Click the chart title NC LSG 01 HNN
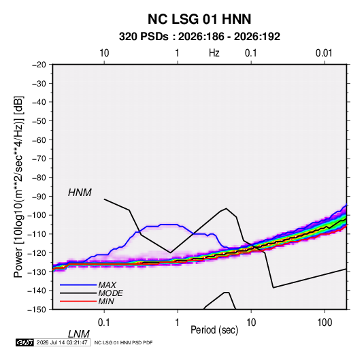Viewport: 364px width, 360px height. tap(199, 19)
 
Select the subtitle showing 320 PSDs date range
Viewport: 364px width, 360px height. tap(199, 37)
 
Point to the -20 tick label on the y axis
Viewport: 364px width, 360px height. tap(39, 65)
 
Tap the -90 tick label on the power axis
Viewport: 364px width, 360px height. tap(39, 197)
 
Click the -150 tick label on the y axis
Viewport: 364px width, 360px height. tap(37, 310)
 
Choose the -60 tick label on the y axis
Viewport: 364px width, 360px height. tap(39, 140)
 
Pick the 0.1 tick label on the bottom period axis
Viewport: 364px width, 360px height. tap(104, 323)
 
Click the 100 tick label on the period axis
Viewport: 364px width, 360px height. tap(325, 323)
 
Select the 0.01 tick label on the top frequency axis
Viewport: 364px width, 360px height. tap(324, 53)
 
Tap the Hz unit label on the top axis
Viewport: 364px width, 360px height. tap(214, 53)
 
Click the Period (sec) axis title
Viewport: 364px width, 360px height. tap(214, 330)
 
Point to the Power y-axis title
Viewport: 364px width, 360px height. tap(18, 187)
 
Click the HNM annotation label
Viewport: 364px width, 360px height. tap(80, 193)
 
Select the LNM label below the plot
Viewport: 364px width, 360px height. tap(79, 334)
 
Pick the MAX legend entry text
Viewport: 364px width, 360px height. tap(107, 285)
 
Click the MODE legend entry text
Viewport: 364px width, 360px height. tap(110, 293)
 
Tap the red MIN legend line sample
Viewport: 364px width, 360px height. tap(78, 301)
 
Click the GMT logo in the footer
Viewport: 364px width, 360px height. tap(24, 342)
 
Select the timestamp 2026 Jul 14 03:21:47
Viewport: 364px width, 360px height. tap(62, 342)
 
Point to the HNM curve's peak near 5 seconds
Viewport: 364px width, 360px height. tap(226, 208)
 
